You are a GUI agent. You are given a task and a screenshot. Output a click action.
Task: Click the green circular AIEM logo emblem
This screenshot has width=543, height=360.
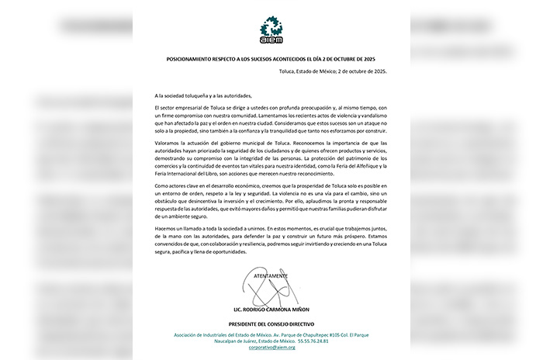271,26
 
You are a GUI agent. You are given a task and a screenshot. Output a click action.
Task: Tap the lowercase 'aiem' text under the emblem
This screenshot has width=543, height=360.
271,41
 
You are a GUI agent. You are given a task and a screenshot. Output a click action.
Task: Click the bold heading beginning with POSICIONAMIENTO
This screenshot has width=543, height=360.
271,59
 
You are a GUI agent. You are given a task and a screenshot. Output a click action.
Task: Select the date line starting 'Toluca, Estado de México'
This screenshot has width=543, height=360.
333,71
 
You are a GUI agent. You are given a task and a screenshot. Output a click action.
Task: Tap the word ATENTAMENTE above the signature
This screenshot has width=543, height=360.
271,275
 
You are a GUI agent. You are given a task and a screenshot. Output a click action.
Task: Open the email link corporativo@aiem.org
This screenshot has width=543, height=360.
271,349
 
